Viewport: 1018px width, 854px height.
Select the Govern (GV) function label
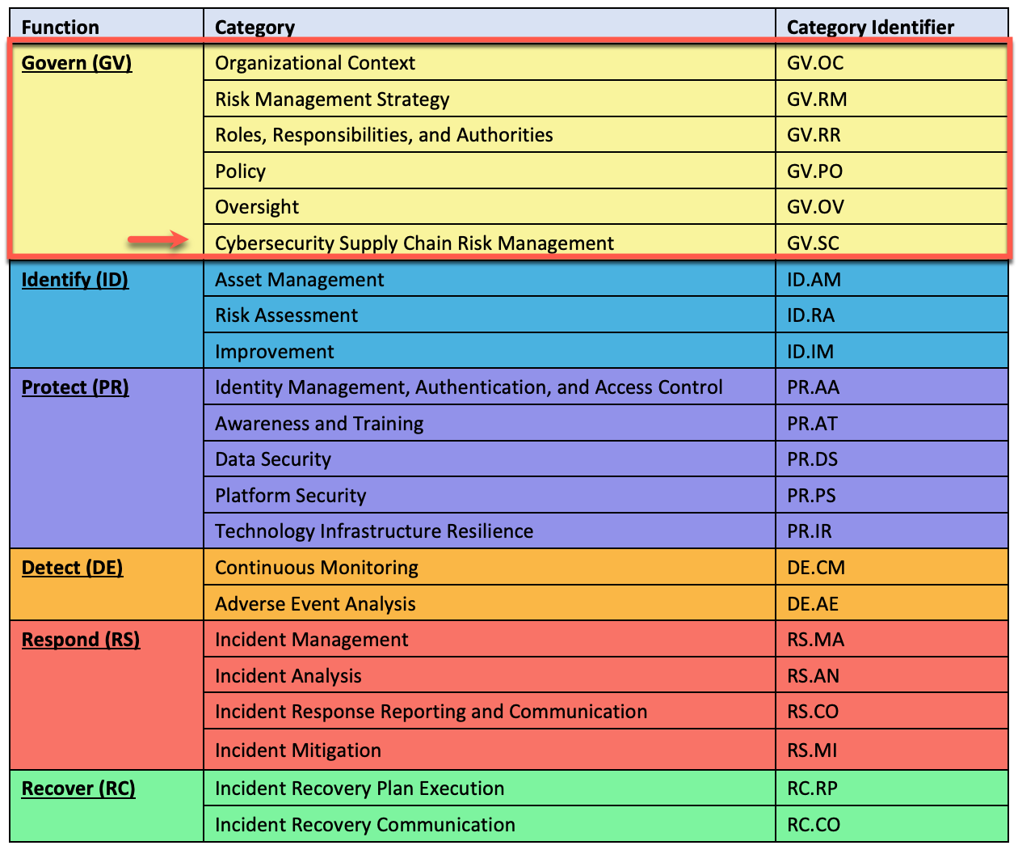click(x=77, y=63)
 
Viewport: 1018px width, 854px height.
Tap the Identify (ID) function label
click(x=75, y=280)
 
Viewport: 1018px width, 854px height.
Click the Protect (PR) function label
click(x=75, y=387)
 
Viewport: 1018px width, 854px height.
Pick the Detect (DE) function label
click(x=73, y=568)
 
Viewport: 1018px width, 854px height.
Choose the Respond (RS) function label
click(x=81, y=640)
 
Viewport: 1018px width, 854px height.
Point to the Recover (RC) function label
click(x=78, y=788)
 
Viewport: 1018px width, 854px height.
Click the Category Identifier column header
click(x=870, y=27)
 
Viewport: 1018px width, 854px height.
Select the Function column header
click(x=61, y=27)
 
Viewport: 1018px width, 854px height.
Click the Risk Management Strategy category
click(x=332, y=99)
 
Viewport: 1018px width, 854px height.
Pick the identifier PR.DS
click(x=812, y=459)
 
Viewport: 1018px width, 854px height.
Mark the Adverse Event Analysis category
click(x=315, y=604)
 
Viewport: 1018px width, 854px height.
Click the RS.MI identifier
click(x=812, y=750)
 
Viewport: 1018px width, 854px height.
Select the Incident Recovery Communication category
click(x=365, y=825)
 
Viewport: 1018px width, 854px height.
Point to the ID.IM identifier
click(x=810, y=352)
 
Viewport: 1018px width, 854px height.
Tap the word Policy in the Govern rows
click(x=240, y=171)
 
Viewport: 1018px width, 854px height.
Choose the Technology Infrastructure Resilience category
click(x=374, y=531)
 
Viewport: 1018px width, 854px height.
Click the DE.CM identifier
click(x=816, y=568)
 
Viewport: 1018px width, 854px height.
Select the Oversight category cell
click(x=257, y=207)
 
